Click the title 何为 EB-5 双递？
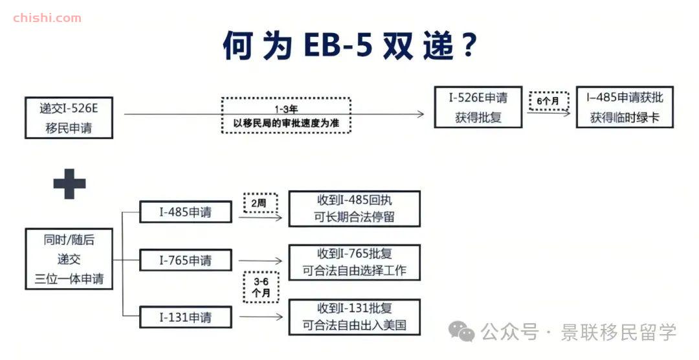(x=350, y=45)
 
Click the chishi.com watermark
(x=47, y=18)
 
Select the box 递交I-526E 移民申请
(x=69, y=118)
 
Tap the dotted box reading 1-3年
(x=286, y=115)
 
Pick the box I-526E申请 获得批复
(x=478, y=107)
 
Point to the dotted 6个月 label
(x=548, y=101)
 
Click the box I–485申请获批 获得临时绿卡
(x=625, y=107)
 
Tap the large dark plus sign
(x=69, y=184)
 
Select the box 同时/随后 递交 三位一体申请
(x=69, y=259)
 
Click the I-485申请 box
(x=186, y=212)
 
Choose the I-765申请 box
(x=186, y=260)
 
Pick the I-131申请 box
(x=186, y=317)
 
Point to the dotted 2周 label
(x=260, y=203)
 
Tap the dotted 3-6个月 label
(x=261, y=287)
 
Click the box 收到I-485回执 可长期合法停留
(x=355, y=208)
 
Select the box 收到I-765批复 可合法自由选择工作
(x=355, y=262)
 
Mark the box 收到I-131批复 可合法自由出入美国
(x=355, y=317)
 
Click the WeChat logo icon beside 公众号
(x=461, y=332)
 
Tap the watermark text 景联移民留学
(x=619, y=332)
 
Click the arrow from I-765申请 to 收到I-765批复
(x=260, y=261)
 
